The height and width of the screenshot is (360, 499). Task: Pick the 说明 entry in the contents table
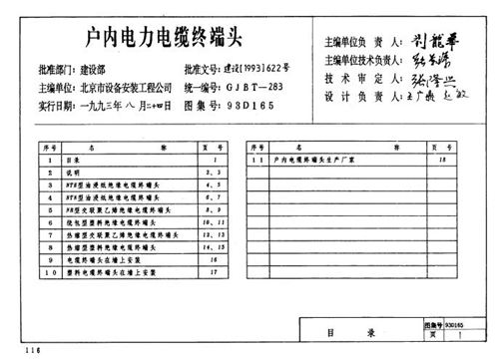[x=84, y=173]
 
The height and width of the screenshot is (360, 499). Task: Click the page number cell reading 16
[x=213, y=258]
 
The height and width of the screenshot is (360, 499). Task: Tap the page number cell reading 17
[x=213, y=270]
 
